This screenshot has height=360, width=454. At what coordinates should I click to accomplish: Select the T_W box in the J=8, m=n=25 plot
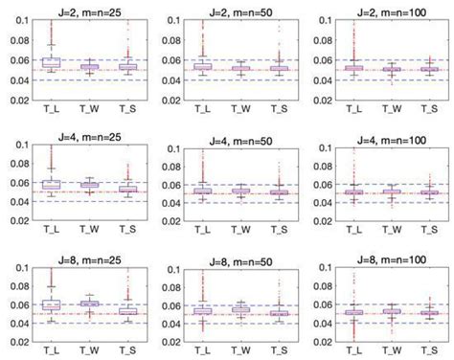(89, 304)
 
